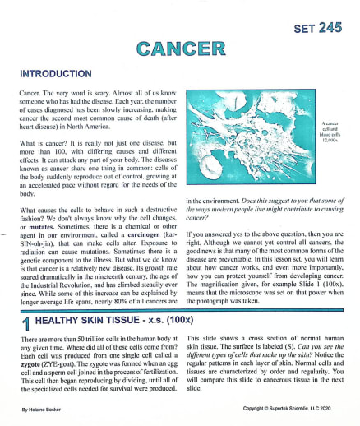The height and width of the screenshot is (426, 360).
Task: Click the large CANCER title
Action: (x=179, y=49)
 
